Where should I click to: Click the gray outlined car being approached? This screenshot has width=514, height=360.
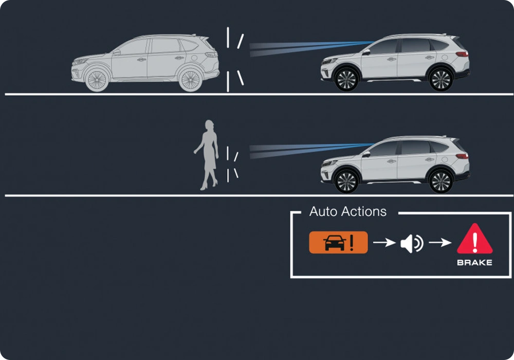click(x=145, y=63)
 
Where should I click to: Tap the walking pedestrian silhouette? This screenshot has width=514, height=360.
click(x=207, y=155)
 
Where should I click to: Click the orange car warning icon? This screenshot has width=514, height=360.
click(x=338, y=242)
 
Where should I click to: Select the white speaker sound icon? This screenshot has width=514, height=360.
click(x=412, y=243)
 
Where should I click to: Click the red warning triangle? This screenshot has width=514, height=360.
click(x=474, y=239)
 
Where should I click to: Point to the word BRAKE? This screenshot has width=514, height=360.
click(x=474, y=263)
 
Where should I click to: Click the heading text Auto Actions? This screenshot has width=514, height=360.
click(x=348, y=211)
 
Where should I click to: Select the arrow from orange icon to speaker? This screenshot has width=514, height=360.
click(x=384, y=243)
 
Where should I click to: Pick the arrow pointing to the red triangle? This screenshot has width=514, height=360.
click(x=440, y=243)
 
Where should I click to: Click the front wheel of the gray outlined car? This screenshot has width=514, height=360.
click(x=97, y=80)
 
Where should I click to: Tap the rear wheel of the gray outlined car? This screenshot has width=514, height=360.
click(x=191, y=80)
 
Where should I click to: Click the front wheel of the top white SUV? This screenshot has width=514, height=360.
click(x=346, y=80)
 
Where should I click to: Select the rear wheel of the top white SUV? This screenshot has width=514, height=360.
click(x=440, y=80)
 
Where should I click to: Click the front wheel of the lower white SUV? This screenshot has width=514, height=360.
click(x=346, y=181)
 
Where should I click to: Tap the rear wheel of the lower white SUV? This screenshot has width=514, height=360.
click(x=440, y=181)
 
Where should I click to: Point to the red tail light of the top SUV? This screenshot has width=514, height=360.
click(x=462, y=54)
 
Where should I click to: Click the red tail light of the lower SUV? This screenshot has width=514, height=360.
click(x=462, y=156)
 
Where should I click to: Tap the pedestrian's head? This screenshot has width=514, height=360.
click(x=209, y=125)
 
